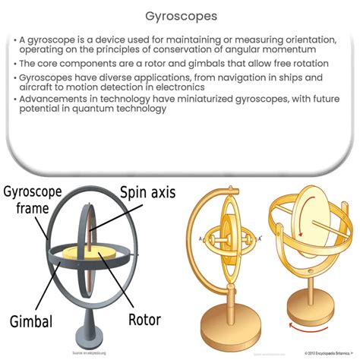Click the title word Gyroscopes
(180, 15)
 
